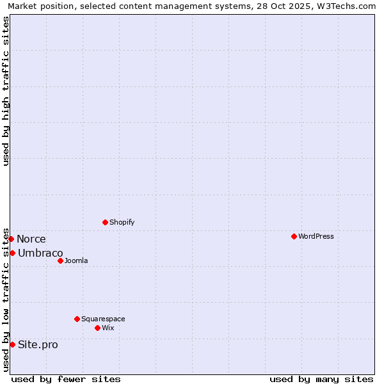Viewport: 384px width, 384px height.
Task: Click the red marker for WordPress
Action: (x=294, y=236)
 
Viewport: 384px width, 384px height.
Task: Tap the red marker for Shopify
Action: (x=105, y=222)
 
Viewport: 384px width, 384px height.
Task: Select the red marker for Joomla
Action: (x=60, y=260)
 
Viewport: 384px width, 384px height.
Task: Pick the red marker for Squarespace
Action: (x=77, y=319)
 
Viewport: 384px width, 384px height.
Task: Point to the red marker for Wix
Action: (x=97, y=328)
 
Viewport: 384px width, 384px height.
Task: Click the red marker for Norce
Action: (x=11, y=239)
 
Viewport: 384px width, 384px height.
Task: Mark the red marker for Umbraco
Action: (x=12, y=253)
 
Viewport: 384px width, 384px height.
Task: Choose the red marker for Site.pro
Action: (x=12, y=344)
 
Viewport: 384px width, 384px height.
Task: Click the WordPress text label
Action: (x=316, y=236)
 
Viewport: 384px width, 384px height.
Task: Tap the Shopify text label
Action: (x=122, y=222)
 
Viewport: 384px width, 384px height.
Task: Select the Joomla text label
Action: (x=76, y=260)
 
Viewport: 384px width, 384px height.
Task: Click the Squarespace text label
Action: (x=103, y=319)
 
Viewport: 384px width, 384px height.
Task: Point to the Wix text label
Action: (x=108, y=328)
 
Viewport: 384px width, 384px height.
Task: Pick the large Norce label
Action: (x=31, y=239)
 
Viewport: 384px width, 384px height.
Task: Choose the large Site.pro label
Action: (x=38, y=344)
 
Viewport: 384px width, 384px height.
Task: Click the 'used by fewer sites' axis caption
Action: (x=66, y=379)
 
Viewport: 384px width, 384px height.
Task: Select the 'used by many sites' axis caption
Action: (x=321, y=379)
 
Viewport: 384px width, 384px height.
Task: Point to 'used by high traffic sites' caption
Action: (x=6, y=91)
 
